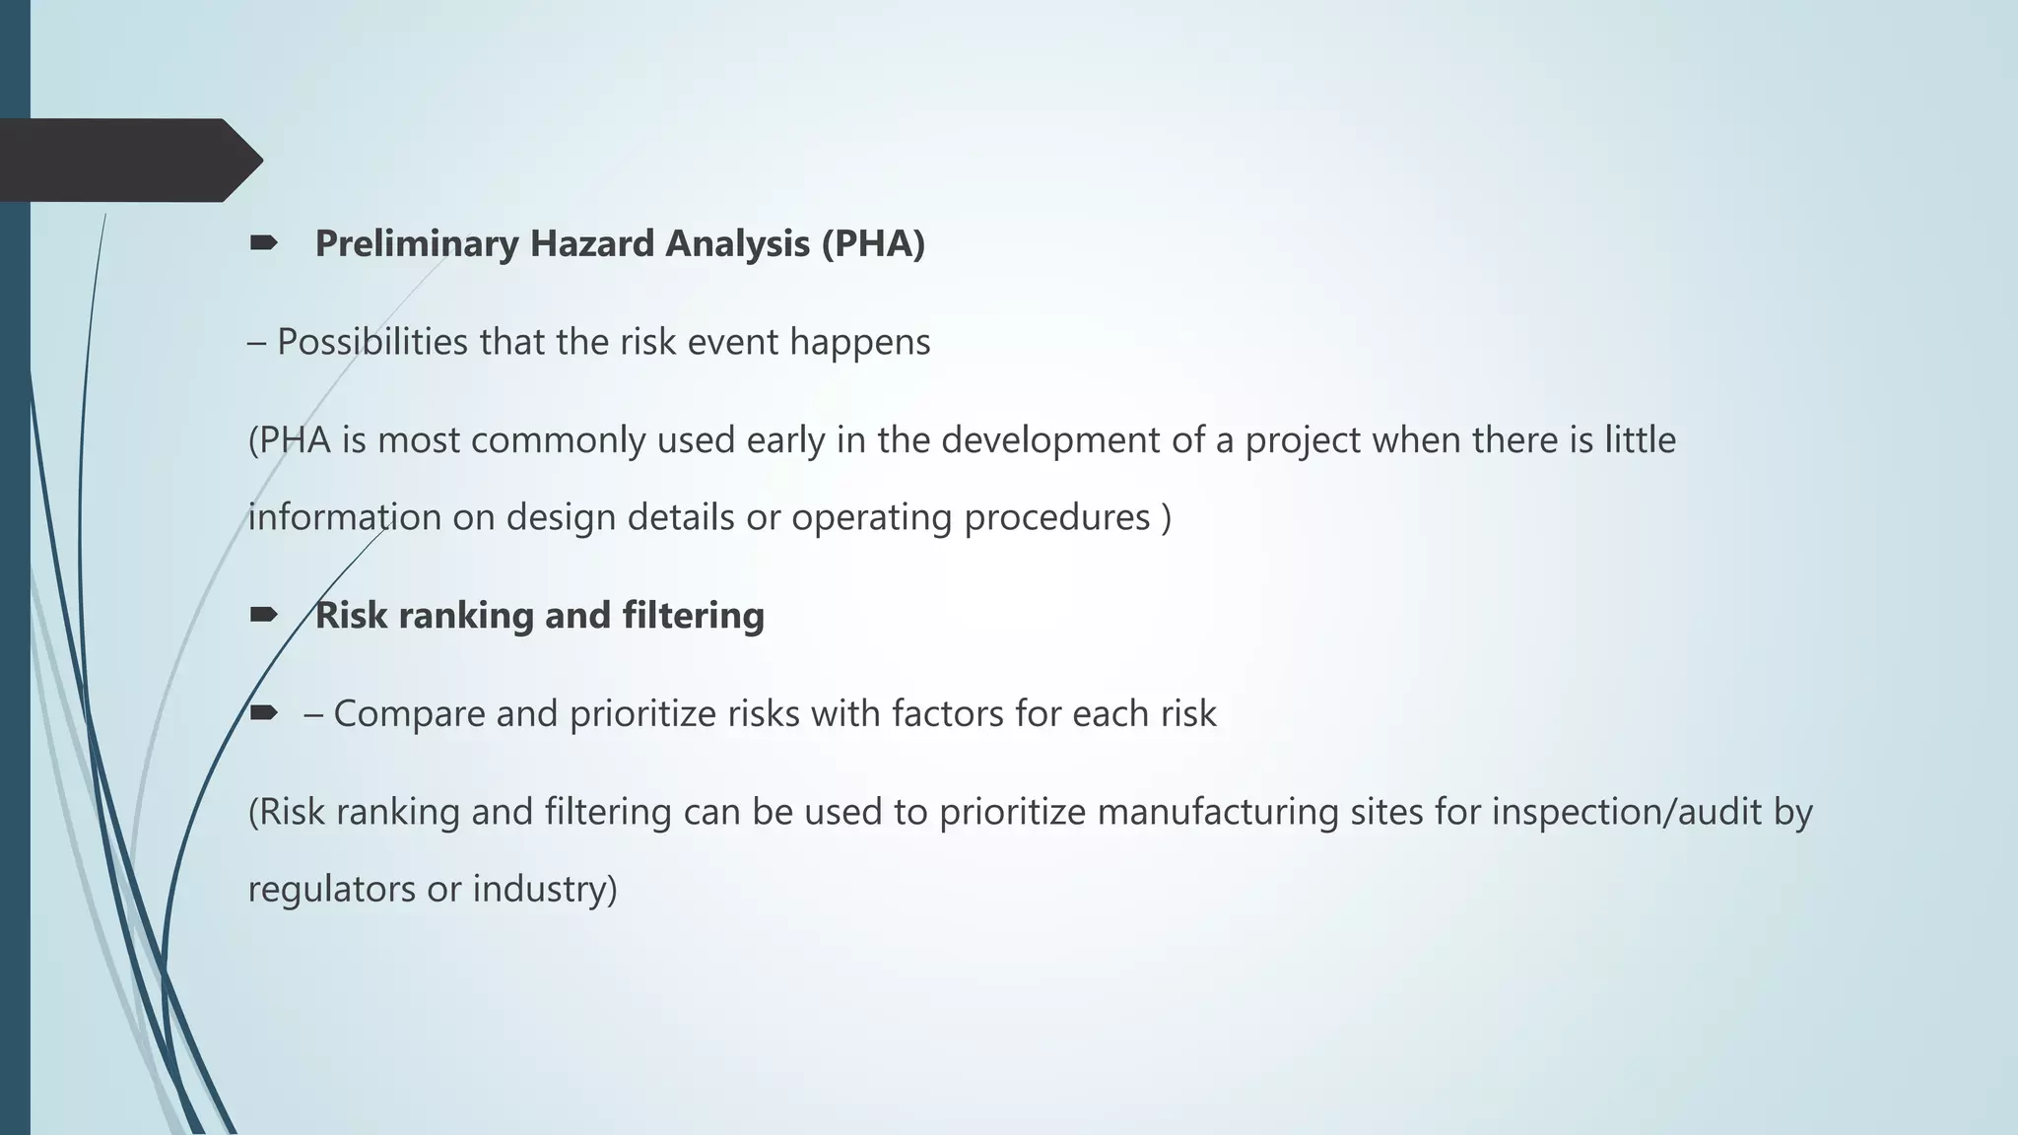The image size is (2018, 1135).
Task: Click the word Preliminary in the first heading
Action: pyautogui.click(x=416, y=244)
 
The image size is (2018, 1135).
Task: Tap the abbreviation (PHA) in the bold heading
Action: pyautogui.click(x=873, y=244)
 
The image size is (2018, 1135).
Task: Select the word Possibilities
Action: pyautogui.click(x=372, y=343)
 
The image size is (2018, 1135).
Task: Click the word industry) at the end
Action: pyautogui.click(x=545, y=890)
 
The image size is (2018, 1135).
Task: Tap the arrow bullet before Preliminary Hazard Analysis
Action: pyautogui.click(x=263, y=243)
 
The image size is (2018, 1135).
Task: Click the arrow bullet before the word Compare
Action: pyautogui.click(x=263, y=713)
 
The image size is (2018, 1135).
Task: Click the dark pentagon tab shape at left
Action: pyautogui.click(x=128, y=160)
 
